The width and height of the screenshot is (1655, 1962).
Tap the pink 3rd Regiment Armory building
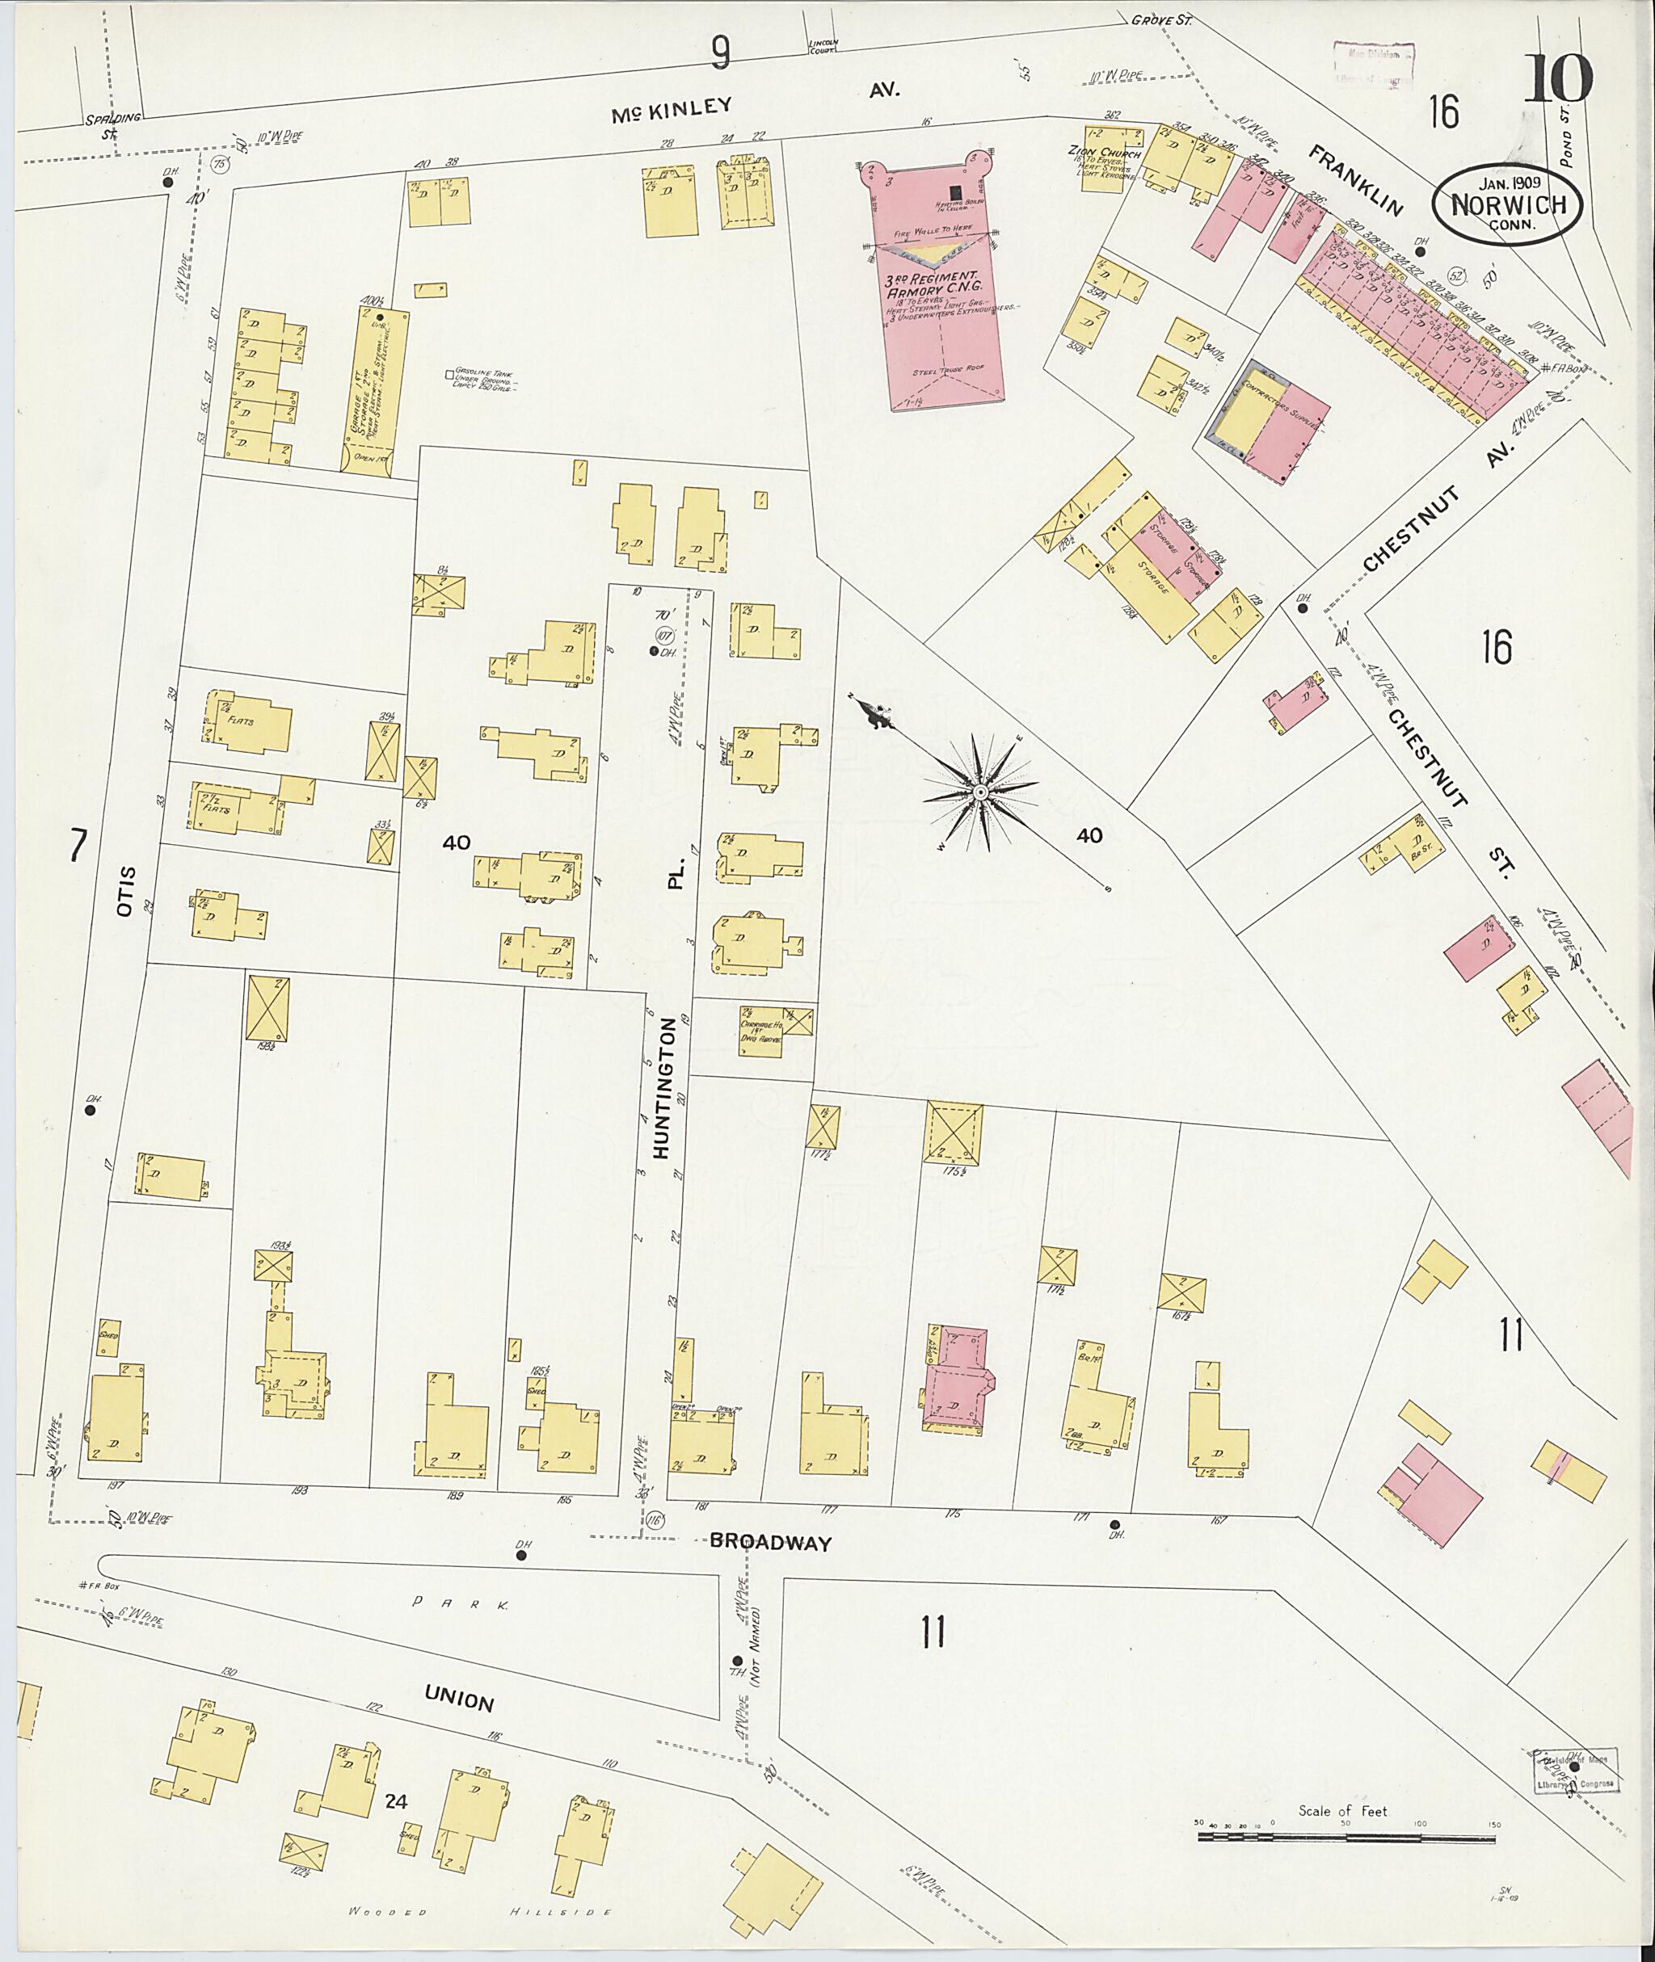pos(943,309)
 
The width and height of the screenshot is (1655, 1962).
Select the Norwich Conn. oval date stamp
pos(1506,204)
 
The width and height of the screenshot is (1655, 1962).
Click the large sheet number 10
pos(1556,79)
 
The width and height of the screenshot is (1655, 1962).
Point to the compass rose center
pos(979,793)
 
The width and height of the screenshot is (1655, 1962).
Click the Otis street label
pos(128,891)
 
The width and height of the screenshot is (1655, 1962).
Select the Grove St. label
pos(1160,18)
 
